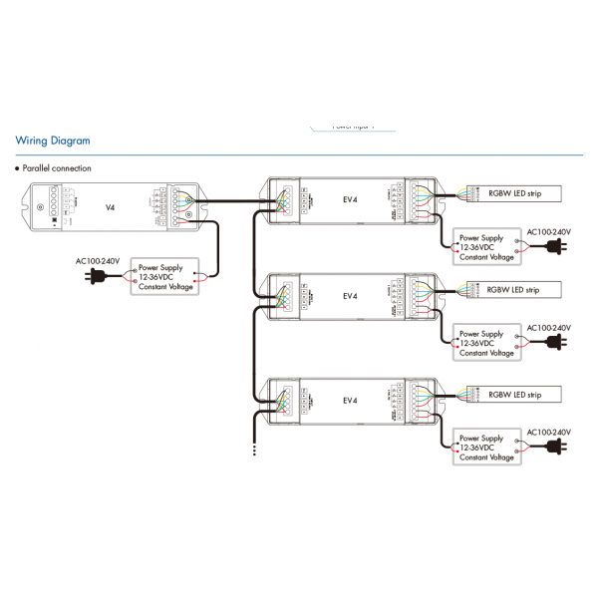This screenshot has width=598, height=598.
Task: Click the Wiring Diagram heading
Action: pyautogui.click(x=53, y=142)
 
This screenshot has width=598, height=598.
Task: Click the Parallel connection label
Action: pyautogui.click(x=57, y=168)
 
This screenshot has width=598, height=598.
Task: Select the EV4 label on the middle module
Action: pyautogui.click(x=350, y=296)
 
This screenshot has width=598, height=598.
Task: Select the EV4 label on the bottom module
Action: pyautogui.click(x=350, y=401)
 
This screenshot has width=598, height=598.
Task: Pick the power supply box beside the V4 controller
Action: pyautogui.click(x=165, y=277)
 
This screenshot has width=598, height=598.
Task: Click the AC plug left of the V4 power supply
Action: pyautogui.click(x=96, y=278)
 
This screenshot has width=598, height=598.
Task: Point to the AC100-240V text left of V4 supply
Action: pyautogui.click(x=98, y=261)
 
